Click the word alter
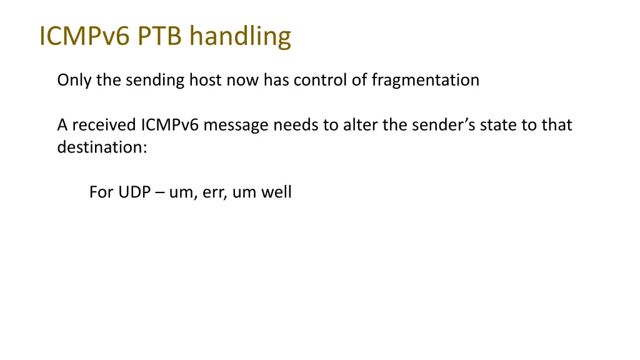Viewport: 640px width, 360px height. (x=356, y=125)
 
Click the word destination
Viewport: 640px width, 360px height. (x=102, y=148)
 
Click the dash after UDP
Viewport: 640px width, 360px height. (x=159, y=192)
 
